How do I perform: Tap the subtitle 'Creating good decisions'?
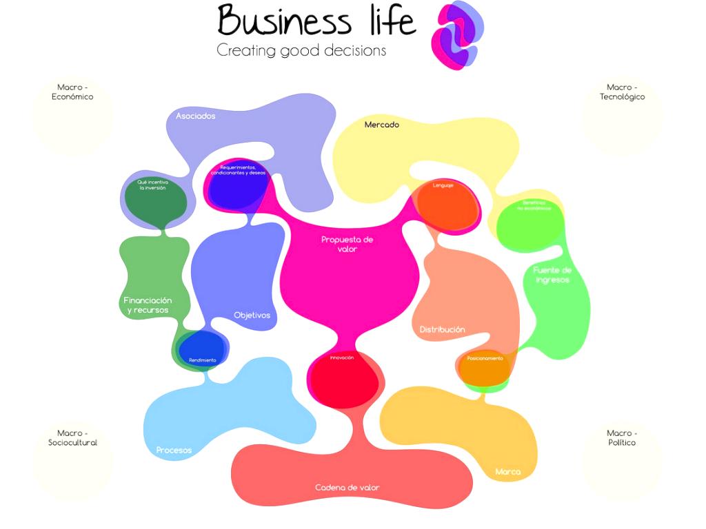coord(301,50)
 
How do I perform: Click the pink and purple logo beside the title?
coord(456,35)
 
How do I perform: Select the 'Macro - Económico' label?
coord(72,92)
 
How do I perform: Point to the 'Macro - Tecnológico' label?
coord(622,92)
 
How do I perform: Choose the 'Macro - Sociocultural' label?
coord(72,438)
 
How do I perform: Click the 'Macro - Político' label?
coord(622,438)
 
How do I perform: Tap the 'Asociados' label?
coord(195,116)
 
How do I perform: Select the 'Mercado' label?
coord(382,125)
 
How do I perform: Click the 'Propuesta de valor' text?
coord(347,244)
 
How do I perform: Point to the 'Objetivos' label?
coord(252,315)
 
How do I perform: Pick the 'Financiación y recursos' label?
coord(148,305)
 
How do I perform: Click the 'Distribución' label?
coord(442,329)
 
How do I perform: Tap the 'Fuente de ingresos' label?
coord(552,275)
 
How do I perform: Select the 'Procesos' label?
coord(174,450)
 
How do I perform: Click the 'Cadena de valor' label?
coord(347,488)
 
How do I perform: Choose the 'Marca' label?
coord(508,472)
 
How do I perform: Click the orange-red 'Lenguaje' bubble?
coord(445,207)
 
